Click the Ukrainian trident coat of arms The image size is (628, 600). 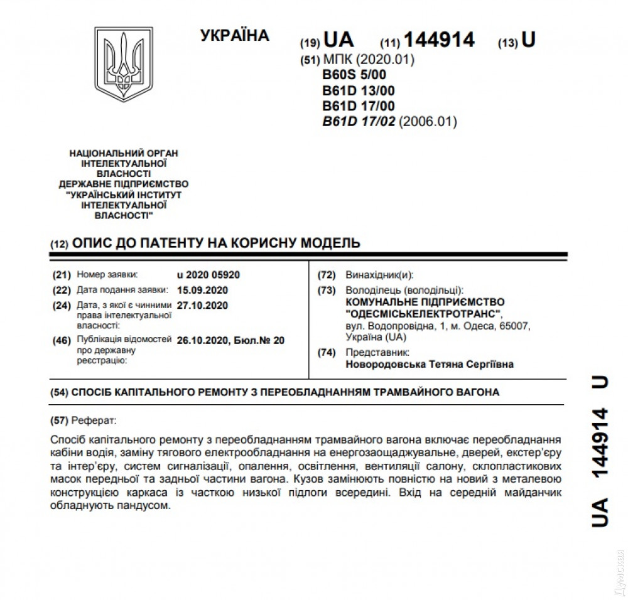coord(123,65)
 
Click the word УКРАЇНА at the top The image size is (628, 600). coord(235,36)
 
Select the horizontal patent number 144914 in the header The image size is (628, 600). coord(439,40)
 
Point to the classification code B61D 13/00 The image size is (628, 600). coord(358,90)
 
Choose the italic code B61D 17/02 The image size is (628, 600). coord(359,122)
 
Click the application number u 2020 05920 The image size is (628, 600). coord(208,275)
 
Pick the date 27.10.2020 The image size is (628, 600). coord(202,306)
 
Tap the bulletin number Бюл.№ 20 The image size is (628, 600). coord(259,340)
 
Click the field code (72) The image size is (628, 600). coord(327,276)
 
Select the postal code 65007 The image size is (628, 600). coord(517,326)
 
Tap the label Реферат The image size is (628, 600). coord(94,419)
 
